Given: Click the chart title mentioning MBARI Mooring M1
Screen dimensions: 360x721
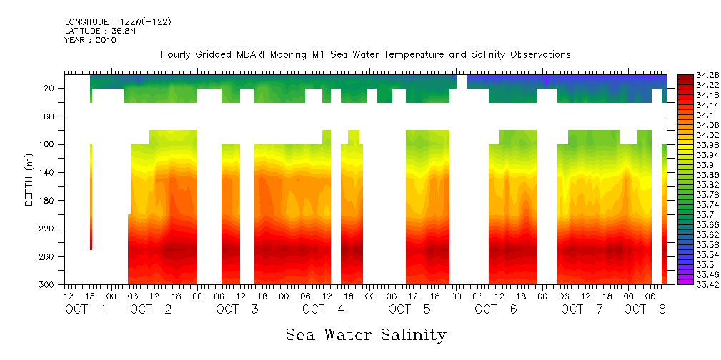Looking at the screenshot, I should (x=366, y=55).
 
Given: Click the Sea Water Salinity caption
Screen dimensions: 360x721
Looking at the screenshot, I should (x=366, y=334).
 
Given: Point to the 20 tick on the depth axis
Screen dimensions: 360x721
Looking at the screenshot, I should (x=50, y=89).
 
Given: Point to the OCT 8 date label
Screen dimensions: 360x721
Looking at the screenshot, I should (x=645, y=309).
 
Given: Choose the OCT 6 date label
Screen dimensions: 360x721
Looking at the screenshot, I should (x=496, y=309).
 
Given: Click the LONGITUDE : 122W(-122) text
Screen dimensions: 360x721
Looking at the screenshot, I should (x=118, y=22).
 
